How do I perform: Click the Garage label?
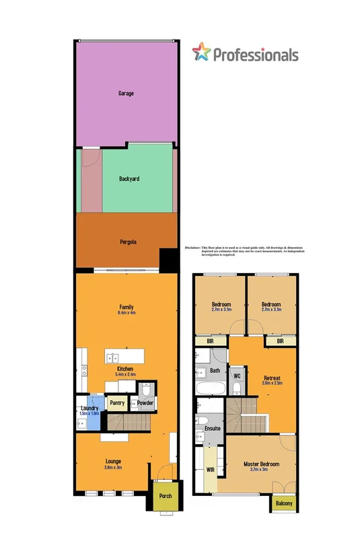point(125,93)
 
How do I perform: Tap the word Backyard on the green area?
point(129,180)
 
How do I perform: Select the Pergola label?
point(128,242)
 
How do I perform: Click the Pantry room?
point(117,404)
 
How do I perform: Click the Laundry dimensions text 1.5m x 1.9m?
point(89,413)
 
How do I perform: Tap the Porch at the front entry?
point(164,497)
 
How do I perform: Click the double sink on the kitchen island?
point(112,357)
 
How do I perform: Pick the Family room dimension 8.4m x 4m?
point(126,314)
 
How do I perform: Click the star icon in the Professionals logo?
point(201,51)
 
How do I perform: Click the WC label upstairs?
point(237,375)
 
